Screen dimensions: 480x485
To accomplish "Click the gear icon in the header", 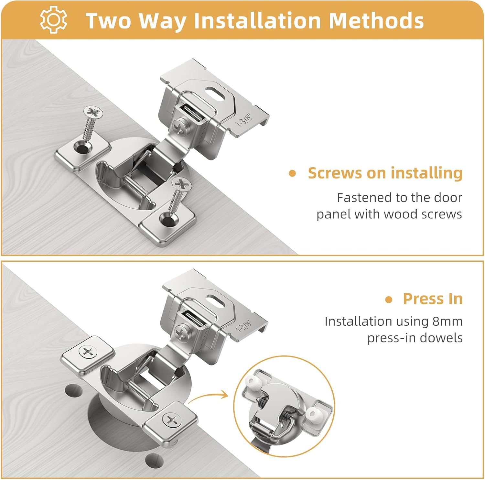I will pos(54,20).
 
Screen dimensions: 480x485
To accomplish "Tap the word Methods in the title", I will pos(376,20).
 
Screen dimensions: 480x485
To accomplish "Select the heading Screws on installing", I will pos(385,173).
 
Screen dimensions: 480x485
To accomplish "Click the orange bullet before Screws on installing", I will pos(292,174).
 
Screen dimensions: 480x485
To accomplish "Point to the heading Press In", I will pos(432,299).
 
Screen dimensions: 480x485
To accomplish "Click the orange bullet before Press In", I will pos(389,300).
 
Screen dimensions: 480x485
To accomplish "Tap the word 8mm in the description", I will pos(447,322).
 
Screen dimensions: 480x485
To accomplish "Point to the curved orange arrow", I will pos(207,397).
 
